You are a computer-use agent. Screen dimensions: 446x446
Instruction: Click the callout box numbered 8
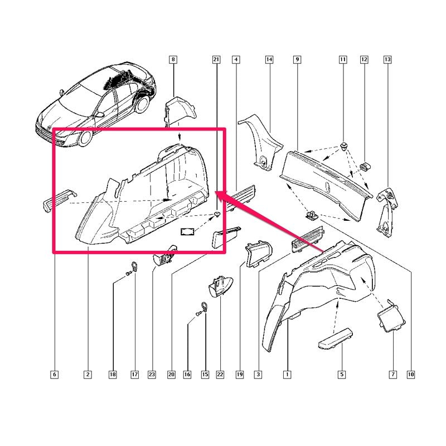click(x=173, y=60)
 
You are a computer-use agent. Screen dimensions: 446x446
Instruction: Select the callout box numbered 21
click(x=216, y=60)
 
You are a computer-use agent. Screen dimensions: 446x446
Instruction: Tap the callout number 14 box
click(x=269, y=60)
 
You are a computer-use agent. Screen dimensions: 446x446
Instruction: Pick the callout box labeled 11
click(x=343, y=60)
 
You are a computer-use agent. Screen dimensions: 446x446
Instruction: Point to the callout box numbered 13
click(x=387, y=60)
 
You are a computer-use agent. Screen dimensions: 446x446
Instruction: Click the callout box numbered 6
click(x=54, y=374)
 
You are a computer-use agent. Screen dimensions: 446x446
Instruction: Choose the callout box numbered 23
click(x=152, y=374)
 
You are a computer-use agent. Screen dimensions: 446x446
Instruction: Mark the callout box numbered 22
click(x=220, y=374)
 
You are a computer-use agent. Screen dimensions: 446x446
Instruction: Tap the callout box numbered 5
click(x=342, y=374)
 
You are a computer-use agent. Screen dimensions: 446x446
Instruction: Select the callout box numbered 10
click(x=411, y=374)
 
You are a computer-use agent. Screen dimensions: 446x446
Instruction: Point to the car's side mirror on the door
click(x=100, y=115)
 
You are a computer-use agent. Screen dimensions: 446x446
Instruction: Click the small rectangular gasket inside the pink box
click(x=187, y=231)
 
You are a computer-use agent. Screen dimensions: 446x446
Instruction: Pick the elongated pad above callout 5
click(x=336, y=338)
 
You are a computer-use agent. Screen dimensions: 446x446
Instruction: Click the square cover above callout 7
click(x=391, y=316)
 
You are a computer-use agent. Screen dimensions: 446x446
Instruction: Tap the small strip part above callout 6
click(x=59, y=200)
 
